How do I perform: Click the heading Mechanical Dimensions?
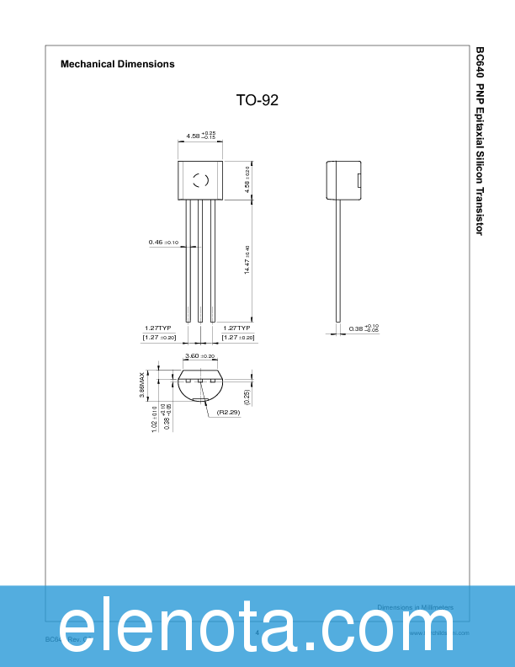(x=118, y=64)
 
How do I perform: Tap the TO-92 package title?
(x=257, y=100)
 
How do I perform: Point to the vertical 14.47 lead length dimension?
(x=247, y=259)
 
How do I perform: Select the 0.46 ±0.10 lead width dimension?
(x=163, y=243)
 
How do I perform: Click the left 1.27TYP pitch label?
(x=157, y=328)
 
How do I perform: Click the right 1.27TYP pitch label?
(x=236, y=328)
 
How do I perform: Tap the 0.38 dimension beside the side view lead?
(x=364, y=328)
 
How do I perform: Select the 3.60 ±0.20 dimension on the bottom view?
(x=200, y=356)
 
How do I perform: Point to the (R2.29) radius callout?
(x=229, y=413)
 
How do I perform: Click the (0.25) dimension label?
(x=247, y=398)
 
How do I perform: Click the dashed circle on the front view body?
(x=200, y=179)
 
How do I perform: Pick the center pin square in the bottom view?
(x=200, y=382)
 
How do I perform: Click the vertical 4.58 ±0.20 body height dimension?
(x=247, y=180)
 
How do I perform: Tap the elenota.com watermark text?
(x=257, y=627)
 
